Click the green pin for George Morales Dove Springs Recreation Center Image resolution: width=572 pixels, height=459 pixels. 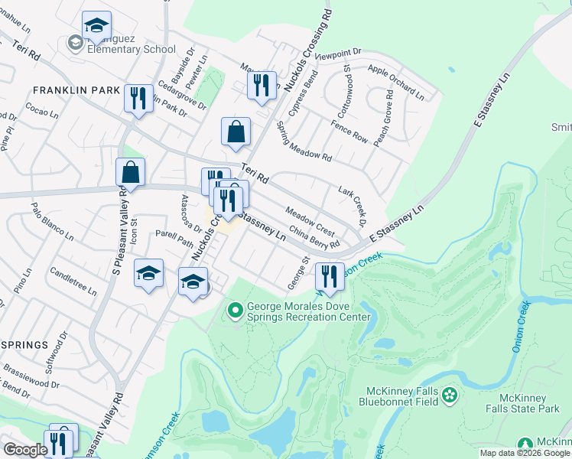tap(235, 311)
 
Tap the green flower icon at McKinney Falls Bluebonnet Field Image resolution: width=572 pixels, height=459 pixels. tap(450, 395)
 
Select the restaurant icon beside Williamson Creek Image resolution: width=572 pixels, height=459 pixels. tap(330, 277)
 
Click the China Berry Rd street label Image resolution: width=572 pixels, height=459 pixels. tap(314, 236)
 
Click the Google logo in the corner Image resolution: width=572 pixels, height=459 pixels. tap(25, 450)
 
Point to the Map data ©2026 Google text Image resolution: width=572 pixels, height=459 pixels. tap(524, 453)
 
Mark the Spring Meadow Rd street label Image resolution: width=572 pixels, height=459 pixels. tap(304, 142)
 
